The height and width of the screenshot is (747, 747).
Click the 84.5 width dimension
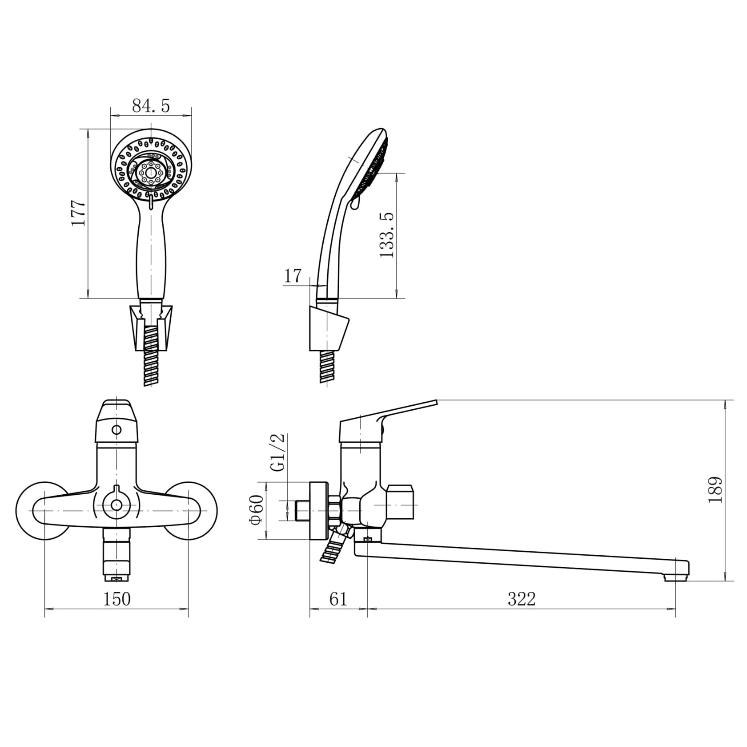pos(151,106)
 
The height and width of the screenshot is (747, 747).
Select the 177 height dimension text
pos(79,213)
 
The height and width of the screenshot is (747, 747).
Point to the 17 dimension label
pos(293,276)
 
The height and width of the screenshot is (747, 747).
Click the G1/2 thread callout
pos(279,452)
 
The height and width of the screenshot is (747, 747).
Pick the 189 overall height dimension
pos(715,490)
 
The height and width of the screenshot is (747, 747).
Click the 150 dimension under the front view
pos(117,599)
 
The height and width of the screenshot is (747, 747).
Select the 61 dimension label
pos(338,599)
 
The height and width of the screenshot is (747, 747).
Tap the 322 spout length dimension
pos(522,599)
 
